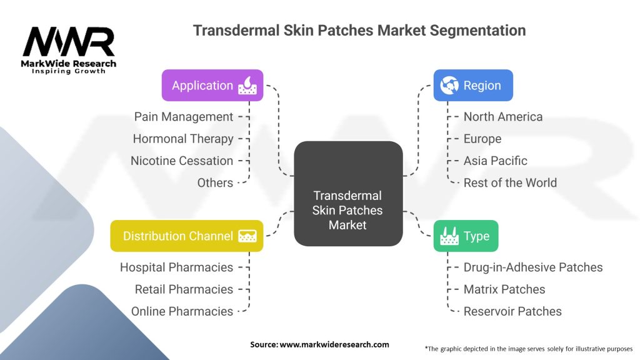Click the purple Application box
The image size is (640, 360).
[x=212, y=86]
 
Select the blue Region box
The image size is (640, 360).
[x=473, y=86]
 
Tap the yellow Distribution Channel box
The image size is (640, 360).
[x=186, y=236]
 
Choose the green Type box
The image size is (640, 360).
[x=466, y=236]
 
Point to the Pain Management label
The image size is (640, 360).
[x=184, y=117]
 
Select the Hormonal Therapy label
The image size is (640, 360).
[x=183, y=139]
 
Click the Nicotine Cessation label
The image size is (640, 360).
[x=182, y=161]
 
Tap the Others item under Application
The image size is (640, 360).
[x=215, y=182]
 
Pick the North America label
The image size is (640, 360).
[x=503, y=117]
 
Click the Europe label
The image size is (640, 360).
[x=482, y=139]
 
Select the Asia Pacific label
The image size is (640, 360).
[x=496, y=161]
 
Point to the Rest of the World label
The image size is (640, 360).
[x=510, y=182]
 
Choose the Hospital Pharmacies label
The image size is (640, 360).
[x=176, y=267]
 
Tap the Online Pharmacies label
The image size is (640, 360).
[x=182, y=311]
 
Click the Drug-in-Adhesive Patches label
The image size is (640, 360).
[x=533, y=267]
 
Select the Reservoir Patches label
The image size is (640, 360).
[x=512, y=311]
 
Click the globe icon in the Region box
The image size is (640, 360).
[x=449, y=86]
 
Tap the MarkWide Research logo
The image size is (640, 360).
[x=69, y=50]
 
